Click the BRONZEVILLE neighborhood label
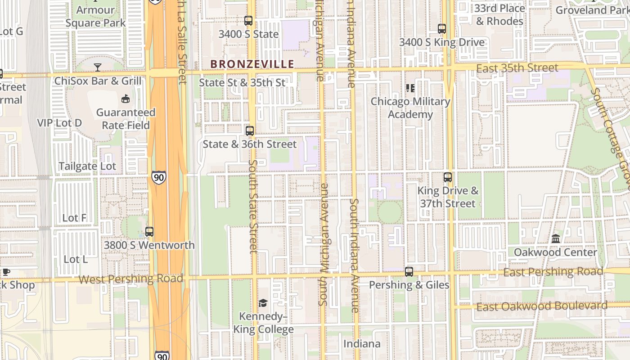252,64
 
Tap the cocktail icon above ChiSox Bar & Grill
98,67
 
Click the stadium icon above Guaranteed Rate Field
126,99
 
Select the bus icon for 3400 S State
248,21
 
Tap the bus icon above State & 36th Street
250,131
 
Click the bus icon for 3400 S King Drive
442,29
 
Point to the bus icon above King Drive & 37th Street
448,177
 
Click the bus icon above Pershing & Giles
409,272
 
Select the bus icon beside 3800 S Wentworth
149,232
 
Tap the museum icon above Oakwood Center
556,238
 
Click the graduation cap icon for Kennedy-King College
263,303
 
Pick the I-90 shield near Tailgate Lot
158,177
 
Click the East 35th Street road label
517,68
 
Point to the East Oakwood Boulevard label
542,306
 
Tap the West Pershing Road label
130,279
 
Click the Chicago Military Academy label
410,108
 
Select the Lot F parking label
74,218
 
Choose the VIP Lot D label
59,123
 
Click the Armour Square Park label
95,16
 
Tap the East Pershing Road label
553,272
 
